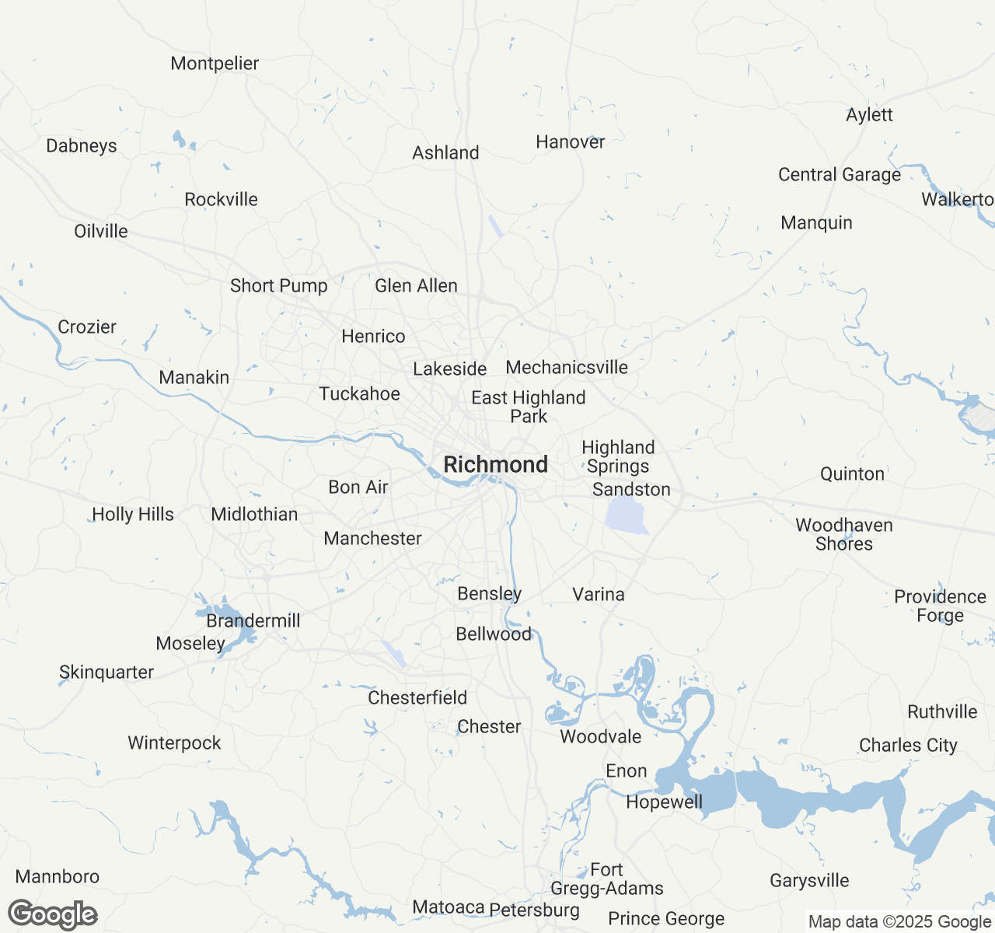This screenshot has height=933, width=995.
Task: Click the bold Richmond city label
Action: coord(495,465)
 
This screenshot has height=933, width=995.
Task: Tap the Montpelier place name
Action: coord(215,64)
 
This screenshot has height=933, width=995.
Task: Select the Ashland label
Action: coord(445,153)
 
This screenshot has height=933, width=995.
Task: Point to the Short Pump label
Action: coord(278,286)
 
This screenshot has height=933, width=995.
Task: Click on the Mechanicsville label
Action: coord(567,368)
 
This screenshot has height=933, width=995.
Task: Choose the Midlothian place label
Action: coord(254,515)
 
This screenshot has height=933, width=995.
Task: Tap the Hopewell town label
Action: coord(664,802)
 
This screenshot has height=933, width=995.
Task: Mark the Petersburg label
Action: coord(534,910)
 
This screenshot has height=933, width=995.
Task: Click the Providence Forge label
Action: coord(940,606)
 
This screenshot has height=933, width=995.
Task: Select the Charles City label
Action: coord(908,746)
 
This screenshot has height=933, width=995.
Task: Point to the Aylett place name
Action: coord(869,115)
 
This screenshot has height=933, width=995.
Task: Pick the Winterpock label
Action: coord(174,743)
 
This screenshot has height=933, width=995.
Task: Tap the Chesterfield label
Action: coord(417,698)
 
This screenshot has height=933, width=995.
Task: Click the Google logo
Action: coord(53,915)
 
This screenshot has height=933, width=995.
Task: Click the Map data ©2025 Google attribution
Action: coord(899,922)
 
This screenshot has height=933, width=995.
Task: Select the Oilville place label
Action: coord(101,232)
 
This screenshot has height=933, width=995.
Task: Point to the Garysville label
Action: coord(809,881)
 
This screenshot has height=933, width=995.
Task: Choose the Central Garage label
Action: coord(840,175)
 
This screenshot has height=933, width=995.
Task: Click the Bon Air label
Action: coord(358,487)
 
